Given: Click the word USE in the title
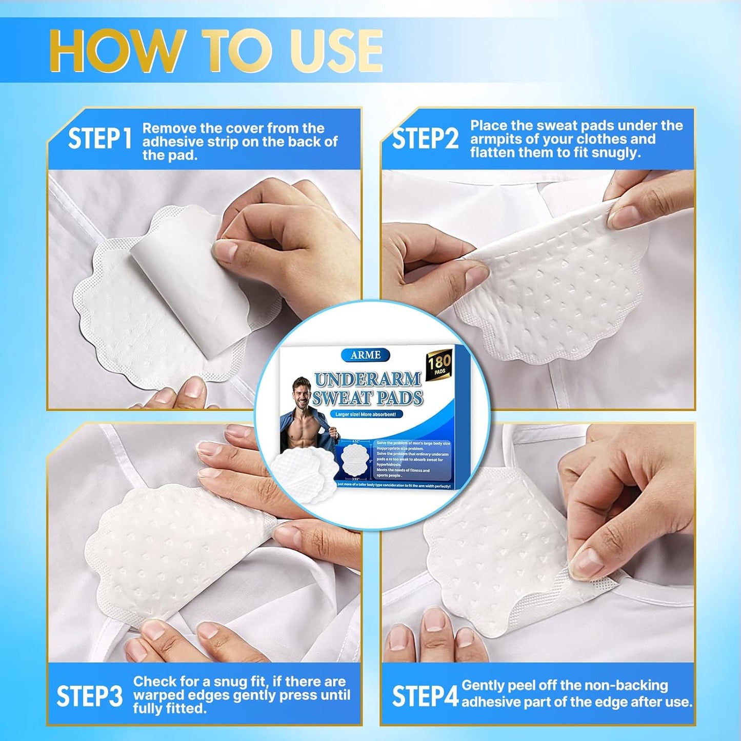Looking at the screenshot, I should click(x=336, y=51).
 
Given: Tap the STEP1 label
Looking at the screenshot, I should click(x=99, y=139).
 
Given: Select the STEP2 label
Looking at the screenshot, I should click(x=425, y=139).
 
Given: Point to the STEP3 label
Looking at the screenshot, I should click(x=89, y=696).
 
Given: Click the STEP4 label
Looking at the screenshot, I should click(x=425, y=696).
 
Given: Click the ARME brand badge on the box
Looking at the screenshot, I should click(x=365, y=355).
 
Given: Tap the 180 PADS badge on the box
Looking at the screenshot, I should click(x=439, y=365).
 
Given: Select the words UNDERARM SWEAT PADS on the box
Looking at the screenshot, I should click(x=368, y=389).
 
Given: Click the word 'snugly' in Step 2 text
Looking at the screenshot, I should click(x=615, y=153).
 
